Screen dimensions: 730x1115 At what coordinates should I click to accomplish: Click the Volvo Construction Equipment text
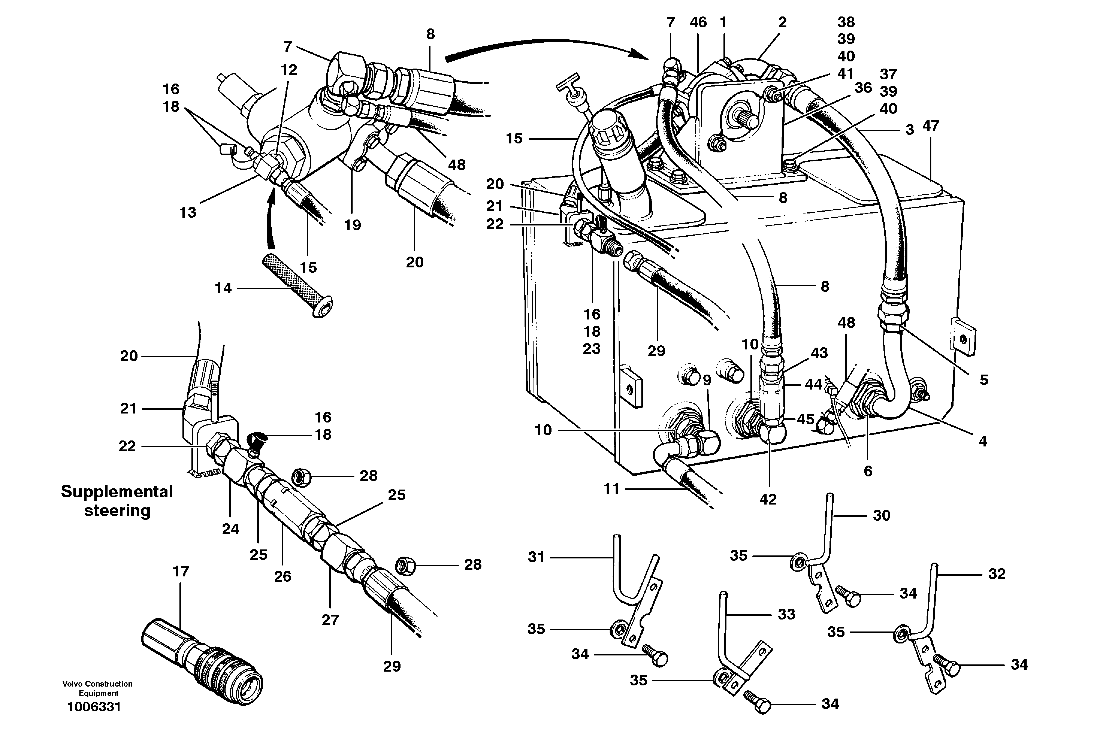tap(97, 688)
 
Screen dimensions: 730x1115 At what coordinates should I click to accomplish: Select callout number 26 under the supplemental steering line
tap(282, 576)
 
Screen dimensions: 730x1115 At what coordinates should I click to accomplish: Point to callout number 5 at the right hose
tap(983, 380)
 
